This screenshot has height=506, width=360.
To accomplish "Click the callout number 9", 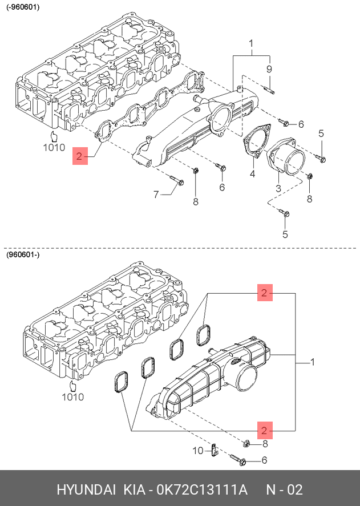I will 269,69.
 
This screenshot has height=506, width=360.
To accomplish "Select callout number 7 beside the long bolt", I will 156,195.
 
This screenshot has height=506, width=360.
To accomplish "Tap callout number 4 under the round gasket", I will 252,173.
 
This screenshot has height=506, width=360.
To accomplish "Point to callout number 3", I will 278,188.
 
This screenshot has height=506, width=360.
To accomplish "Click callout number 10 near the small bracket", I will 197,451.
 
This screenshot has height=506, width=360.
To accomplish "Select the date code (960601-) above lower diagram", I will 23,255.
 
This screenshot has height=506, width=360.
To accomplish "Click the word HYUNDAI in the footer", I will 84,490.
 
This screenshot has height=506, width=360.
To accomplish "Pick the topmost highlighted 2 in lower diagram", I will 264,293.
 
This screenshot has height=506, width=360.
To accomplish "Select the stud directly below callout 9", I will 270,89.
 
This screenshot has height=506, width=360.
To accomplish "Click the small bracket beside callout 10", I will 213,451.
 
